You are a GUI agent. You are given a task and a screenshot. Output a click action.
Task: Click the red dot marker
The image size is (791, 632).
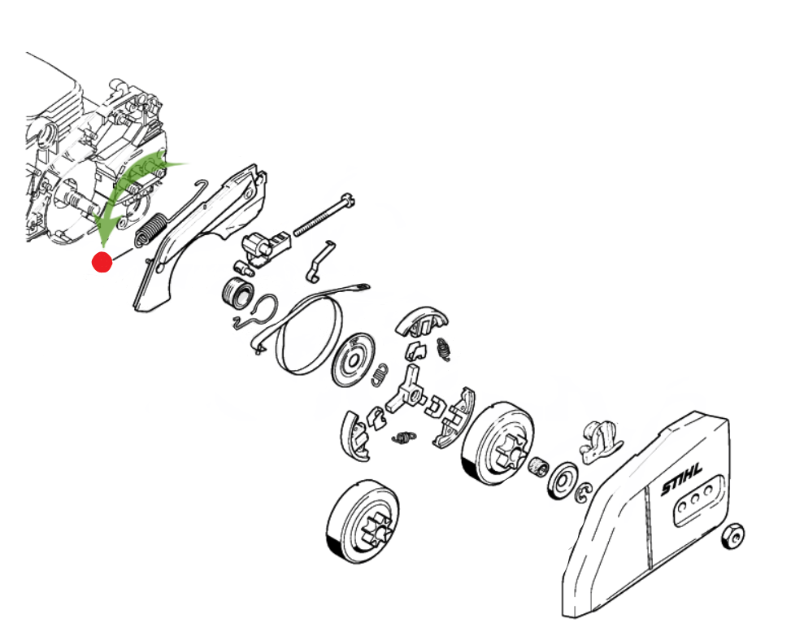[102, 262]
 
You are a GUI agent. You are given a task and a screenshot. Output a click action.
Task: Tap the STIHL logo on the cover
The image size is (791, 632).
[681, 480]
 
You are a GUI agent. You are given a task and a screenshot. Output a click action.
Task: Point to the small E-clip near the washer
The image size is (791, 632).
[583, 493]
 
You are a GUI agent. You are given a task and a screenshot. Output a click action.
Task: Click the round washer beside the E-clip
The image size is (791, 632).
[562, 481]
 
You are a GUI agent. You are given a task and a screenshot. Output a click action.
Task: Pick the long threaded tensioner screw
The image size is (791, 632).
[324, 215]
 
